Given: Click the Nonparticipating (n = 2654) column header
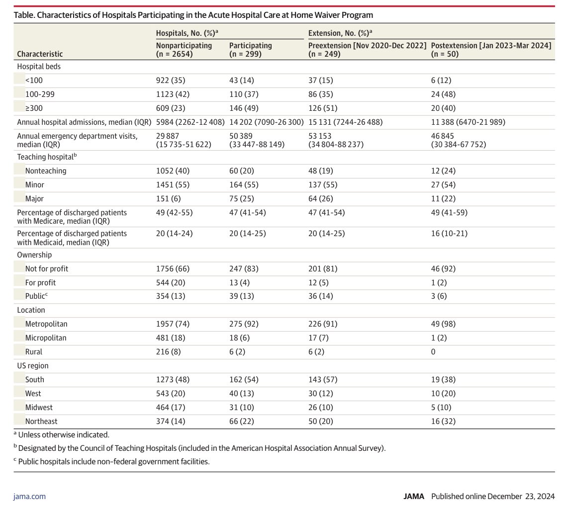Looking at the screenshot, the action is (184, 50).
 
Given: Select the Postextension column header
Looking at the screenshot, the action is (491, 50).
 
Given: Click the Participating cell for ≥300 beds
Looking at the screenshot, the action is (244, 108).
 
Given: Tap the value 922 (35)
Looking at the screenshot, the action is (171, 81).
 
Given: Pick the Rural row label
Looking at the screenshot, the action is (33, 352).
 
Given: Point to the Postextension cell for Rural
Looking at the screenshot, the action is (433, 352).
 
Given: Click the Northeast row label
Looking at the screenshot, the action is (41, 421).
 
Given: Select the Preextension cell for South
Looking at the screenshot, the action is (323, 380).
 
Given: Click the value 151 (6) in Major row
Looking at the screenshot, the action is (168, 199).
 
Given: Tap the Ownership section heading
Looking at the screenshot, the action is (34, 255).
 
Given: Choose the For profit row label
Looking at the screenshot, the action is (40, 282).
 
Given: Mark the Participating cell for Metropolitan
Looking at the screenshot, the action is (244, 324).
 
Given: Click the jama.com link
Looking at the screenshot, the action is (29, 497).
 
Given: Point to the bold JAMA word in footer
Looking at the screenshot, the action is (414, 497).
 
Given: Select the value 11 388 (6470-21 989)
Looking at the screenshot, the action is (468, 122).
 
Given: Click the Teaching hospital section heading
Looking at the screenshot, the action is (47, 157).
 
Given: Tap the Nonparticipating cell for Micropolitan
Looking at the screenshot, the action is (171, 338).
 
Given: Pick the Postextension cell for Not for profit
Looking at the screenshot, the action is (443, 269).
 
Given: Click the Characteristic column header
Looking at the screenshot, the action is (40, 54).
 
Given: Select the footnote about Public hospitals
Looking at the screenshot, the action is (111, 461).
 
